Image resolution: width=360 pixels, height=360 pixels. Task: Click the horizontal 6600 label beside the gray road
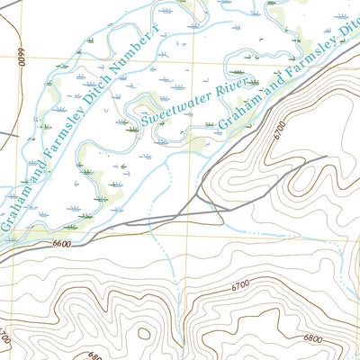61,244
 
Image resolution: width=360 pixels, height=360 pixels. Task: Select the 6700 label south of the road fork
239,285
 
